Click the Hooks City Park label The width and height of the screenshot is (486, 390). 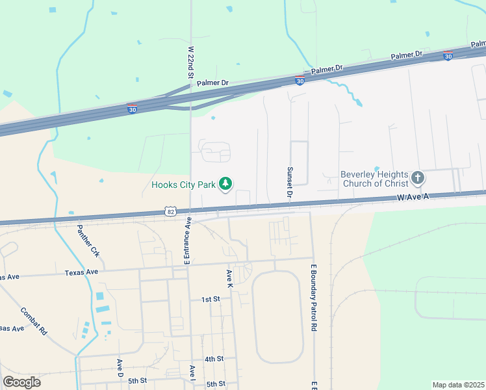click(183, 185)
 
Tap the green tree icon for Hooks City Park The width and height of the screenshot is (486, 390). click(225, 185)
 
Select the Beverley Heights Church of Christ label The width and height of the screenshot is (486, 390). click(374, 179)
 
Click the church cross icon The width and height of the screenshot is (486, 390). click(418, 177)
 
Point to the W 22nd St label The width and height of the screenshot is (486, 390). click(191, 62)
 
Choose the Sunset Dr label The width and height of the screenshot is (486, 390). click(290, 182)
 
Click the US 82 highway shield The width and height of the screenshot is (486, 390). click(170, 211)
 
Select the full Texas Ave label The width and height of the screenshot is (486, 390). click(81, 272)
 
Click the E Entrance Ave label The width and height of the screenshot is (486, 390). click(186, 241)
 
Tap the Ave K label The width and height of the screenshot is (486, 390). click(229, 279)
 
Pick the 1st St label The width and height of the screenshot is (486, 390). click(211, 299)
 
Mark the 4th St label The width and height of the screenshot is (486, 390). click(214, 359)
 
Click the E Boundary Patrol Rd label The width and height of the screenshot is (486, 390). click(313, 298)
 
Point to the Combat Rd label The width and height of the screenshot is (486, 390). click(34, 322)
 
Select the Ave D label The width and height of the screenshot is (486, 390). click(120, 368)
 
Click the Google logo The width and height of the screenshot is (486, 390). click(22, 382)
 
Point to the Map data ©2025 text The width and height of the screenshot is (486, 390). click(457, 385)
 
